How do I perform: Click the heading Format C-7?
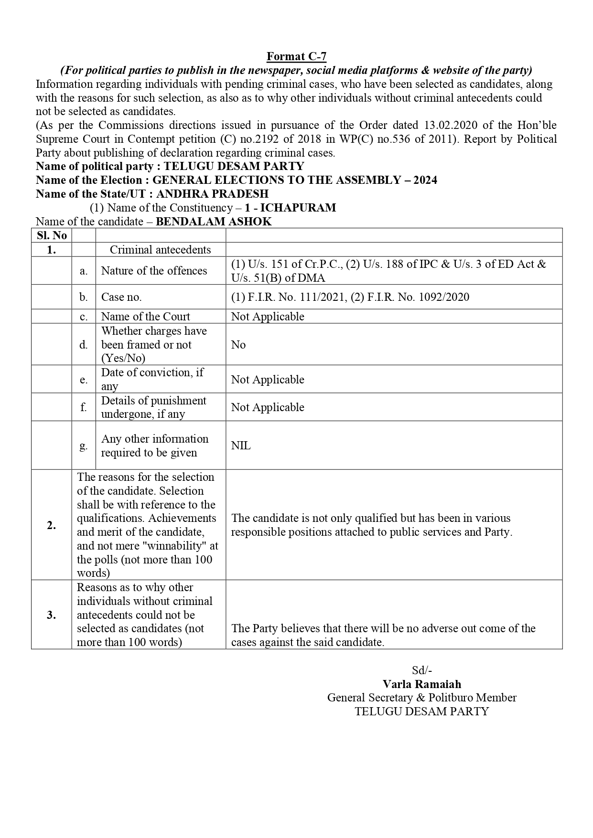coord(296,56)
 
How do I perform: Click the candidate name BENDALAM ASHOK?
coord(214,222)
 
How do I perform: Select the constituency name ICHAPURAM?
coord(298,208)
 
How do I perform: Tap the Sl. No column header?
coord(52,235)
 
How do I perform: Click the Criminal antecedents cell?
coord(160,250)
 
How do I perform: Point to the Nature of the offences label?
coord(154,271)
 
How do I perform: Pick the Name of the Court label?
coord(145,317)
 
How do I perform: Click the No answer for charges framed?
coord(238,345)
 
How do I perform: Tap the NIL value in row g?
coord(241,446)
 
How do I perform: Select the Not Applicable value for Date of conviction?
coord(268,380)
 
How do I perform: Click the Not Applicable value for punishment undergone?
coord(268,407)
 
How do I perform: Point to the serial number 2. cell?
coord(52,525)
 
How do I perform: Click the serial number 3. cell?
coord(52,615)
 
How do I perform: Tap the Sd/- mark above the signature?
coord(422,670)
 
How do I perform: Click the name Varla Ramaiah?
coord(422,684)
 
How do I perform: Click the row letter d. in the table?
coord(84,345)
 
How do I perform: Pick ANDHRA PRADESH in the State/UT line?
coord(212,194)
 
